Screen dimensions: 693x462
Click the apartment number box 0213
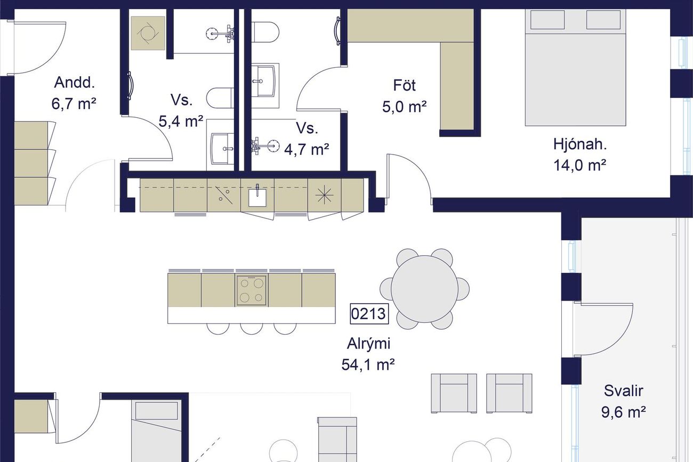369,314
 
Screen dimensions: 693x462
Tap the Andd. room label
74,83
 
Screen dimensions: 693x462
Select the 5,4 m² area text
181,121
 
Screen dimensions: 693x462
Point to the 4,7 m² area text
307,149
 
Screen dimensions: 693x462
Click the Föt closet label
405,85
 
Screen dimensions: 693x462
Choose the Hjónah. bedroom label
580,144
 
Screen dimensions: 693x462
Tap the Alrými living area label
368,344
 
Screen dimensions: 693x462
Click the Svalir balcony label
623,391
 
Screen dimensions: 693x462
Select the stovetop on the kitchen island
252,290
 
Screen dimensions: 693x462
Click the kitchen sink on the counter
257,197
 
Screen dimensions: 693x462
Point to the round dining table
424,289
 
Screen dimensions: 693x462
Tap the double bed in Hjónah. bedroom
575,68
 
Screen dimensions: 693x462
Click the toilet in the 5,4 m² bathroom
220,98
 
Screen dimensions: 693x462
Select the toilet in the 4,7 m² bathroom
265,32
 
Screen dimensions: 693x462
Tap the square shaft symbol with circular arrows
148,33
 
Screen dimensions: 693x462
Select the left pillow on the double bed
547,20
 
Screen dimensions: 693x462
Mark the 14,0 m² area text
579,165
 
